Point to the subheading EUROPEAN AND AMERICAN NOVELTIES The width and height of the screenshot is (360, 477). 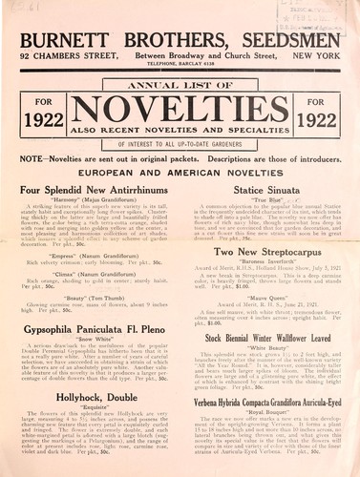pyautogui.click(x=180, y=174)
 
